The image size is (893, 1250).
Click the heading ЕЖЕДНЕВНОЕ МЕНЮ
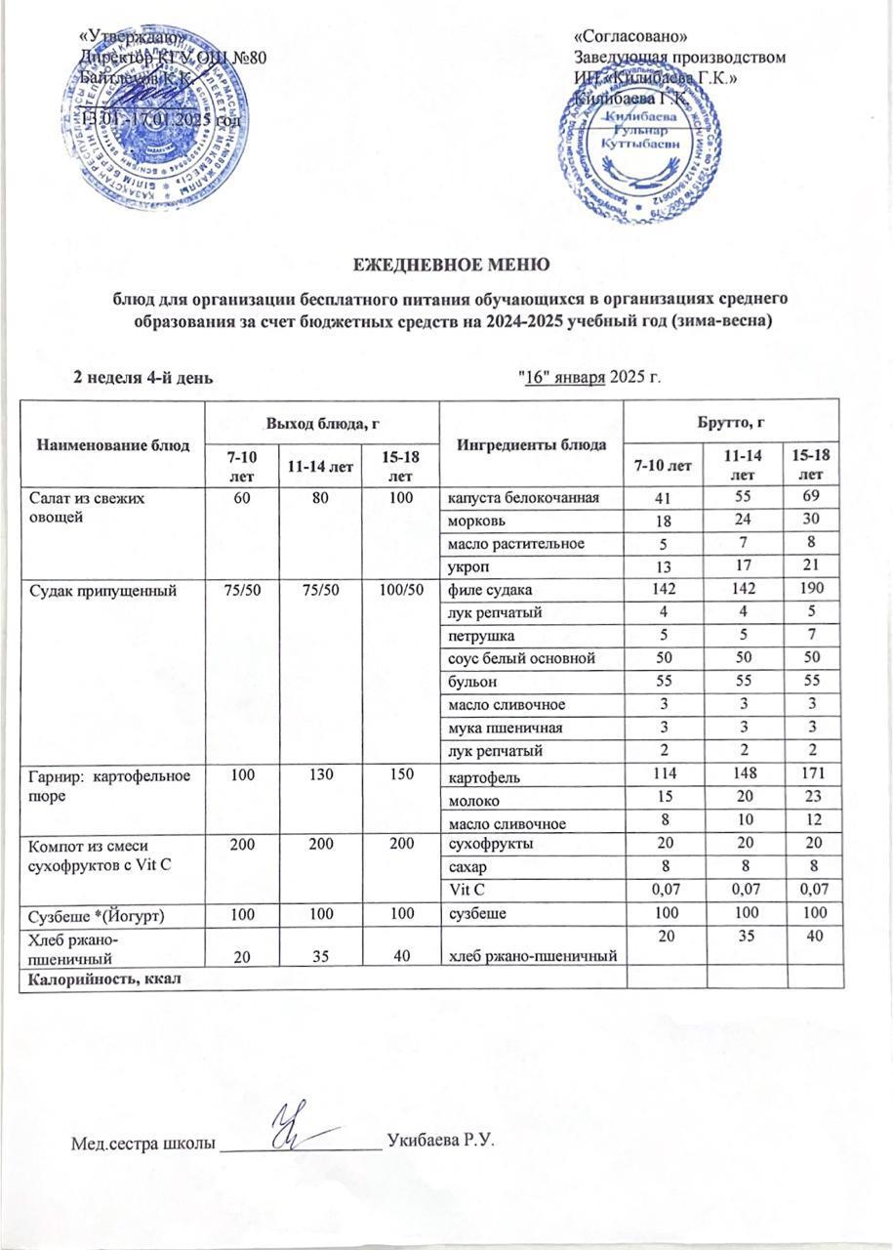click(445, 264)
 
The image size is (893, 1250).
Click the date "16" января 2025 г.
click(589, 378)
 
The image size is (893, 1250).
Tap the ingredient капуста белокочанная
click(516, 499)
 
